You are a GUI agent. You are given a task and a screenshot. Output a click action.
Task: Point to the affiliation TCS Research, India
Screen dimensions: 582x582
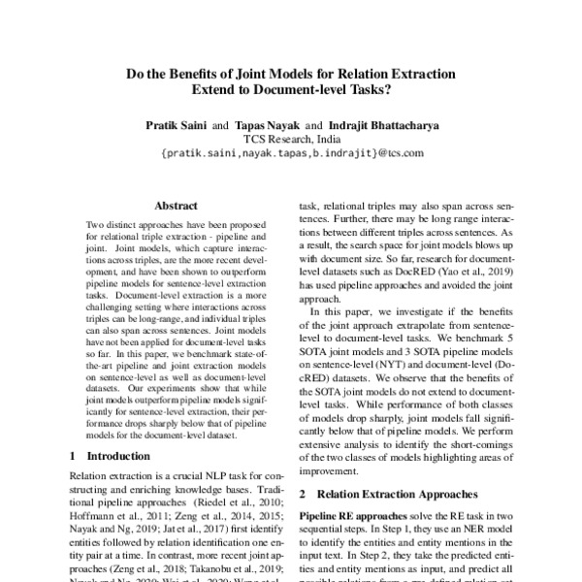291,139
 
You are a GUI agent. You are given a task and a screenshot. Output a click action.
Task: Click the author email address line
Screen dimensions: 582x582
291,153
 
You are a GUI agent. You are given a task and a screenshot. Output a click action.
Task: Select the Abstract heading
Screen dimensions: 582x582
176,206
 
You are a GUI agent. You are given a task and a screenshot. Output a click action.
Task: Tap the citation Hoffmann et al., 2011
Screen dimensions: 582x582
109,519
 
